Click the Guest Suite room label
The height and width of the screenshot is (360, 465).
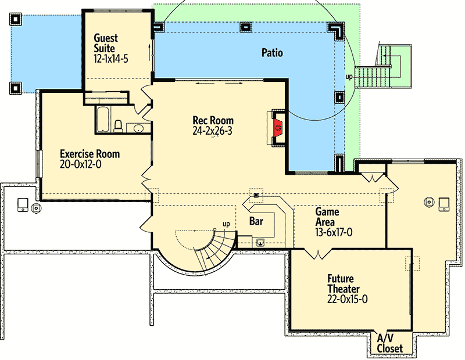pos(106,44)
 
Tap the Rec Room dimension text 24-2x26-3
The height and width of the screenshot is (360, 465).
pos(212,131)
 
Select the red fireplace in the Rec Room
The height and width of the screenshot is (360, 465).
pos(278,128)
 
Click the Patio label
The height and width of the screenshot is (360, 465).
pos(272,53)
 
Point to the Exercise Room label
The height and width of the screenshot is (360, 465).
pos(90,154)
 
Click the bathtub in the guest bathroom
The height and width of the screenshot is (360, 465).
pos(103,119)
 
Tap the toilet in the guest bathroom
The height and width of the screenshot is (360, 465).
pos(118,127)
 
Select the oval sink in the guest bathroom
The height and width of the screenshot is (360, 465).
pos(138,128)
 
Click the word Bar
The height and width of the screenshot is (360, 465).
pos(256,221)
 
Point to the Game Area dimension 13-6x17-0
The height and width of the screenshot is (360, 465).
pos(334,233)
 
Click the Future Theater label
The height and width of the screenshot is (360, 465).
pos(344,283)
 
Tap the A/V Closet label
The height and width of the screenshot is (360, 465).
pos(389,343)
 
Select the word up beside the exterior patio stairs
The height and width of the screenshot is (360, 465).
pos(349,77)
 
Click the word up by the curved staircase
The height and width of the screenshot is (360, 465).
pos(226,224)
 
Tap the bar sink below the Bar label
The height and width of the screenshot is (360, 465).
pos(260,243)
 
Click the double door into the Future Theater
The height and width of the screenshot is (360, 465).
pos(318,254)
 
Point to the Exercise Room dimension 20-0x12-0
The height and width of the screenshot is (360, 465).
pos(80,164)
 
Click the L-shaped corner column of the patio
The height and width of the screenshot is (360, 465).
pos(336,31)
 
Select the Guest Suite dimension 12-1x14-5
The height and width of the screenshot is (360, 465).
pos(111,59)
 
